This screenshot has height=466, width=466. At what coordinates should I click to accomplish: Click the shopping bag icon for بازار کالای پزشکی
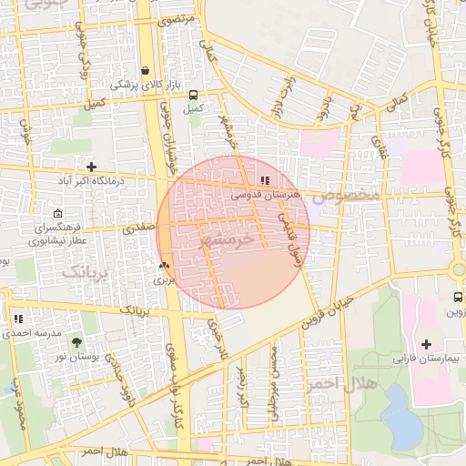click(146, 70)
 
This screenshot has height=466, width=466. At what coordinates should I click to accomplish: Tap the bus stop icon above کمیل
click(192, 94)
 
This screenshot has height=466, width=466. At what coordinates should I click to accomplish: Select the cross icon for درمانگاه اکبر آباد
click(91, 167)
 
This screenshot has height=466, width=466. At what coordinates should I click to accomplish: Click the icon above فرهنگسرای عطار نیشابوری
click(58, 213)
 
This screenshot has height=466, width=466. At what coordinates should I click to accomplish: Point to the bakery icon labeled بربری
click(164, 266)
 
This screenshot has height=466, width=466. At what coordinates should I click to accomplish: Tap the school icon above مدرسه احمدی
click(17, 319)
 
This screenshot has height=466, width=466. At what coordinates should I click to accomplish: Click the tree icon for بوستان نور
click(75, 342)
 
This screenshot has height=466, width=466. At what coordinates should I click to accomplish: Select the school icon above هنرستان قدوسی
click(265, 181)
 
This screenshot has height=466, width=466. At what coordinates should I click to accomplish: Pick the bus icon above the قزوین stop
click(457, 298)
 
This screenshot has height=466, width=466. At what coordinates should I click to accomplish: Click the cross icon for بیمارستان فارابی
click(426, 344)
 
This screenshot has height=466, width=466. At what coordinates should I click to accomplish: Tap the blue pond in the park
click(400, 415)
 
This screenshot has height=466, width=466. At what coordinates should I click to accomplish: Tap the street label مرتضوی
click(201, 19)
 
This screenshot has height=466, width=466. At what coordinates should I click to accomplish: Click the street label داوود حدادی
click(124, 383)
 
